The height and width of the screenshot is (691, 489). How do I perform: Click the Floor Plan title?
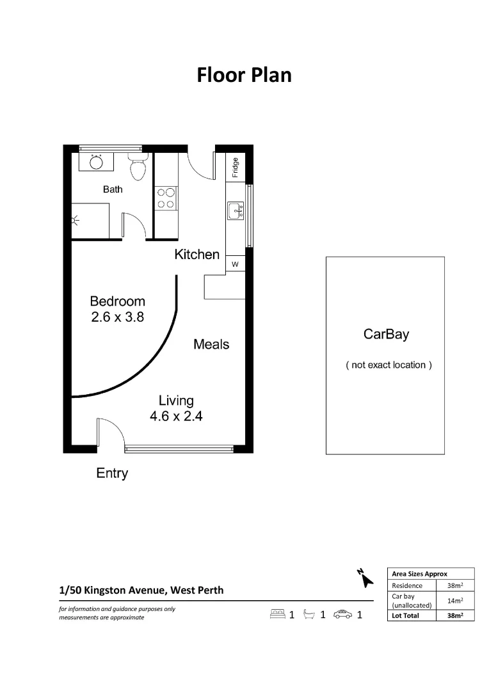[244, 75]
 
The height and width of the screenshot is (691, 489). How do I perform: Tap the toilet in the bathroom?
[138, 167]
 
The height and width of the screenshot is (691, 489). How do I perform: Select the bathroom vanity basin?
[96, 161]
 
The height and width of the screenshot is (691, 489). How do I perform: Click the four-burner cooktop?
[166, 198]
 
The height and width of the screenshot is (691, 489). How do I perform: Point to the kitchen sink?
[235, 209]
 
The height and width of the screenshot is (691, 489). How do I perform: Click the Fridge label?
[236, 167]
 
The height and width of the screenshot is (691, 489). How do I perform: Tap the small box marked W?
[235, 264]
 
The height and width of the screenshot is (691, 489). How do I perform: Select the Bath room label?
[113, 189]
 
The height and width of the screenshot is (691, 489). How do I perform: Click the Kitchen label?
[197, 254]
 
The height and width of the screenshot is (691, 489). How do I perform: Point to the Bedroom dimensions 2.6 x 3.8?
[117, 316]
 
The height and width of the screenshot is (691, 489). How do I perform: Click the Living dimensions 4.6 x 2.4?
[176, 416]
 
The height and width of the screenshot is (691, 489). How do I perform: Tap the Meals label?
[211, 344]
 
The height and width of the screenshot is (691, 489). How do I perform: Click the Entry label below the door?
[112, 473]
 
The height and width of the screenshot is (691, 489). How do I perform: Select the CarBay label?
[386, 334]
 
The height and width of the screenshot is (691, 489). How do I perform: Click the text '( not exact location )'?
[389, 365]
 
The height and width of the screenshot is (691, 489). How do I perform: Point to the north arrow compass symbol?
[365, 577]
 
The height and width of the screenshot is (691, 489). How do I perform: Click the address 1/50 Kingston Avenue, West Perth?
[141, 590]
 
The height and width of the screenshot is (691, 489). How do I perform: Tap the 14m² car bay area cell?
[455, 600]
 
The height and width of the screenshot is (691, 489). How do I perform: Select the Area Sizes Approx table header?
[419, 574]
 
